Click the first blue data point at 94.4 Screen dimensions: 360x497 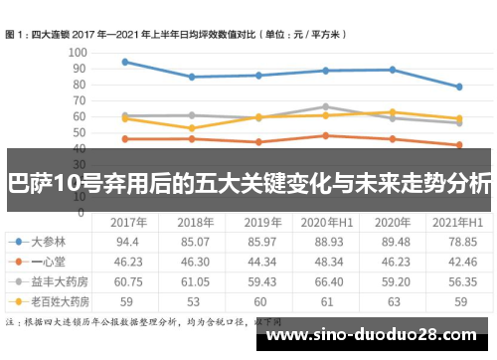[x=124, y=62]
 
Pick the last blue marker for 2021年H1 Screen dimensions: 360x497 [x=458, y=87]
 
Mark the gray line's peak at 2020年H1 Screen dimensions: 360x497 [x=325, y=106]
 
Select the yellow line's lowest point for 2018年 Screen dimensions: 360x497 [x=191, y=128]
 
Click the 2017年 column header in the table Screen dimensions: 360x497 [x=128, y=221]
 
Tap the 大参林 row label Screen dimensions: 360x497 [x=49, y=241]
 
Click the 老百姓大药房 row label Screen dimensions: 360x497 [x=56, y=299]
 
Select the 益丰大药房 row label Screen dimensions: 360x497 [x=56, y=279]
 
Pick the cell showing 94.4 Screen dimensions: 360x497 [x=128, y=241]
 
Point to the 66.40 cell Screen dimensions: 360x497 [x=325, y=279]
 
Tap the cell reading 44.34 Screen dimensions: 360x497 [x=257, y=261]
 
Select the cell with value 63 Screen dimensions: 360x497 [x=394, y=299]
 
